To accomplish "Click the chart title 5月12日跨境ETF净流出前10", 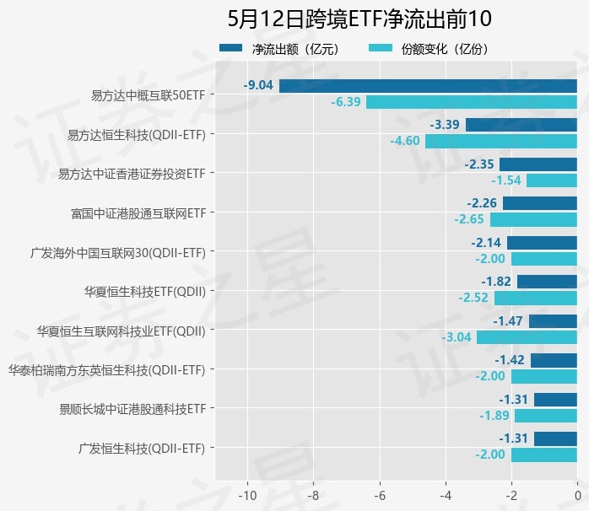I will click(x=359, y=19).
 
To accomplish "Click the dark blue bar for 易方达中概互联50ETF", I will click(x=428, y=85).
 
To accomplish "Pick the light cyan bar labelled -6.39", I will click(x=472, y=102).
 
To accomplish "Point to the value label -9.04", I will click(x=258, y=85).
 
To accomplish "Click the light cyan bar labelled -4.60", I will click(x=501, y=141).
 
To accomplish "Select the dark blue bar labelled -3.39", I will click(x=521, y=125).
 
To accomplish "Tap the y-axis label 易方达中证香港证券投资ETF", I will click(x=132, y=174).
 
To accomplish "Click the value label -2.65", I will click(x=469, y=219).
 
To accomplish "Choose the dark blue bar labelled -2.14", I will click(x=542, y=243).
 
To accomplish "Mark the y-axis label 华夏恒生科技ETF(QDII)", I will click(x=144, y=292).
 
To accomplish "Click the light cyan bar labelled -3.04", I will click(x=527, y=337).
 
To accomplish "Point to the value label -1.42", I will click(x=511, y=360).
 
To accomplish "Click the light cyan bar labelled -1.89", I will click(x=546, y=416).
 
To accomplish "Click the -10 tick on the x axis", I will click(x=247, y=494).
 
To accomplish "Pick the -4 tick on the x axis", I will click(x=446, y=494).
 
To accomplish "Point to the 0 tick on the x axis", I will click(x=577, y=494).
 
